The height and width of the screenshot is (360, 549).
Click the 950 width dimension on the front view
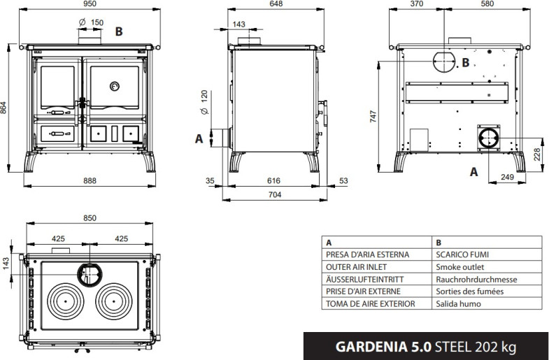coord(90,4)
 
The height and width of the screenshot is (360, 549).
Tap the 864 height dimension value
coord(3,108)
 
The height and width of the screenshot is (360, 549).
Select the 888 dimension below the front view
coord(90,180)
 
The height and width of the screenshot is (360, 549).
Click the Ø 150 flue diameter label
coord(91,23)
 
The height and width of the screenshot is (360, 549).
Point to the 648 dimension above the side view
coord(276,4)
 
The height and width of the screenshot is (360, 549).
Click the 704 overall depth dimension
coord(275,194)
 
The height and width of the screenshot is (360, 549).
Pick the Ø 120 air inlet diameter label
coord(204,102)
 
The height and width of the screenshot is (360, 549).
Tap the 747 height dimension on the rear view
coord(373,117)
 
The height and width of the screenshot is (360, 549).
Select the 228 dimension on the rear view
coord(537,154)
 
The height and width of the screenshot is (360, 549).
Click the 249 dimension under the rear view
coord(507,177)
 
